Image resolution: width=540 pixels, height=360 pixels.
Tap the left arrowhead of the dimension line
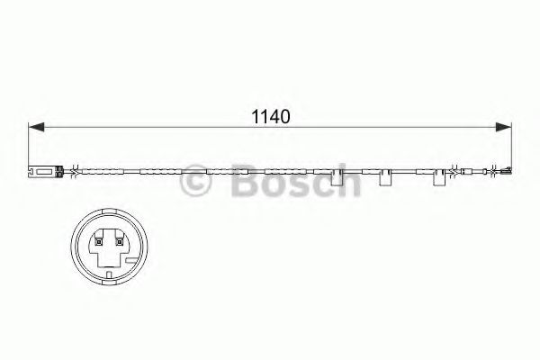pos(36,130)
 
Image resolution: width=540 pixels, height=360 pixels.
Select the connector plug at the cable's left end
pos(43,169)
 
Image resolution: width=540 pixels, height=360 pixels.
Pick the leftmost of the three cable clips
pos(339,178)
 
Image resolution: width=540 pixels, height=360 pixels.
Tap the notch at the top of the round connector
pos(106,216)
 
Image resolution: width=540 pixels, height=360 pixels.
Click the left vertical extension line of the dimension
pos(30,144)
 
